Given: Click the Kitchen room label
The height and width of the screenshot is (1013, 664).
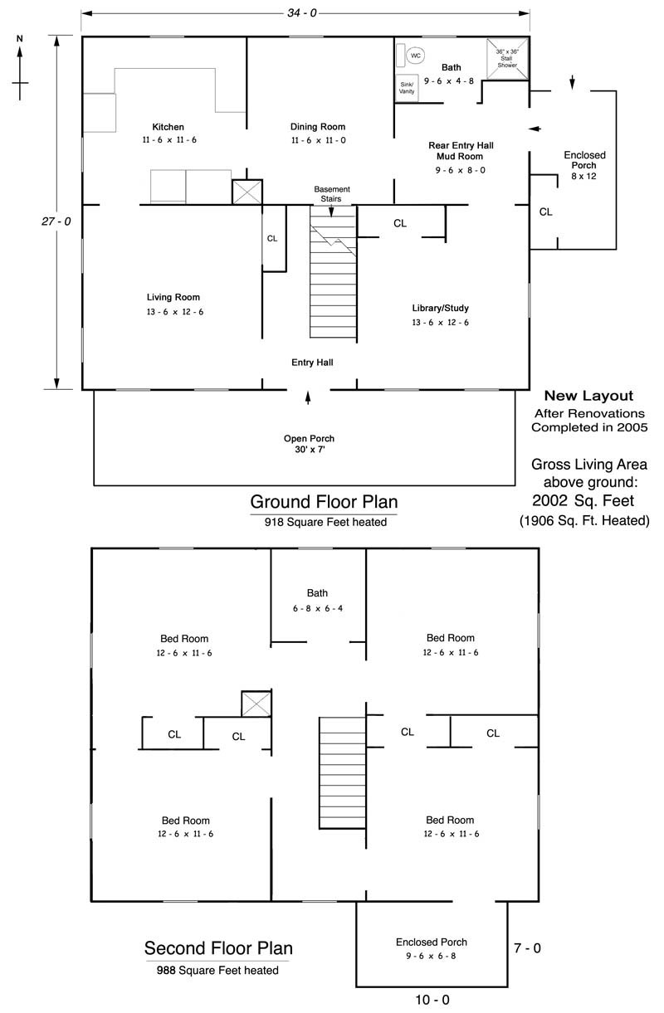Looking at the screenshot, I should [x=168, y=127].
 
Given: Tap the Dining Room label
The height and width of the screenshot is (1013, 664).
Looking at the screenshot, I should [x=318, y=127].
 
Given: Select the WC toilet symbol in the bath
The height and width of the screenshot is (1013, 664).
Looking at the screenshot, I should [x=415, y=56].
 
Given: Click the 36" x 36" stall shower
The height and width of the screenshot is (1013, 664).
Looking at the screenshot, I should [x=507, y=57].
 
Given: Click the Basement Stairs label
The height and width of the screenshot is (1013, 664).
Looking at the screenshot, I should [x=331, y=193].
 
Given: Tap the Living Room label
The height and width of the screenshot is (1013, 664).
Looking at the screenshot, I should [x=173, y=297].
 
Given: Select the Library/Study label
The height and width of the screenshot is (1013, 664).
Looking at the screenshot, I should [x=440, y=309].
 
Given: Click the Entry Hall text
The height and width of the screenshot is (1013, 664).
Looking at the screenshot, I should [x=312, y=363].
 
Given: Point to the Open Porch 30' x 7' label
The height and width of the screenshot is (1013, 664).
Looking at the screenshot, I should [x=309, y=443].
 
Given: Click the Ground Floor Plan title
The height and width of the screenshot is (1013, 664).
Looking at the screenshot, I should [x=324, y=502].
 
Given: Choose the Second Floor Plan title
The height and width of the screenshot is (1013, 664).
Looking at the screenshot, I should [x=218, y=948].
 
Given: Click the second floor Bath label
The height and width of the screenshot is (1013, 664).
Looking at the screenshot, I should [x=317, y=593].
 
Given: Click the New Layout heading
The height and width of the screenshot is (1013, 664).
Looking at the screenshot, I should [x=588, y=397].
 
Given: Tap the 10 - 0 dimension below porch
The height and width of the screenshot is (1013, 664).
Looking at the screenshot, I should [x=432, y=1000].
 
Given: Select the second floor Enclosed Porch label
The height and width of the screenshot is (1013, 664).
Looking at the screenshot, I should [x=431, y=942].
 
